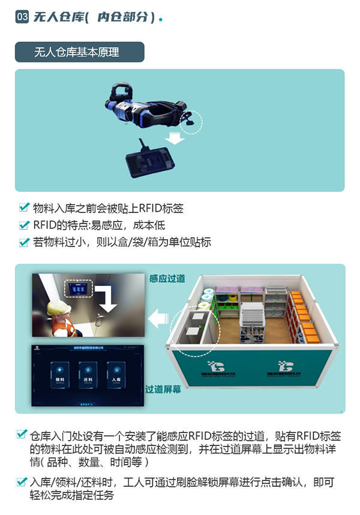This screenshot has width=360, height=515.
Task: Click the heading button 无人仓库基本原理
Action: coord(79,52)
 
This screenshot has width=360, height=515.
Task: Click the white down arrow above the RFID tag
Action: coord(175,138)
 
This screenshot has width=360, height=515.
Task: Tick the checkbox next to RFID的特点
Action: coord(24,225)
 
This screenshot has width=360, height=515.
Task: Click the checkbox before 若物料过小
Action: coord(24,242)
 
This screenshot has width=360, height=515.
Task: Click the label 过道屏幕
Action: coord(163,388)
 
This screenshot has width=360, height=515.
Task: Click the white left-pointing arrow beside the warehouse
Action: coord(158,317)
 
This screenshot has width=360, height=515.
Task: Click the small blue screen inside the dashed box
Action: coord(78,289)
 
